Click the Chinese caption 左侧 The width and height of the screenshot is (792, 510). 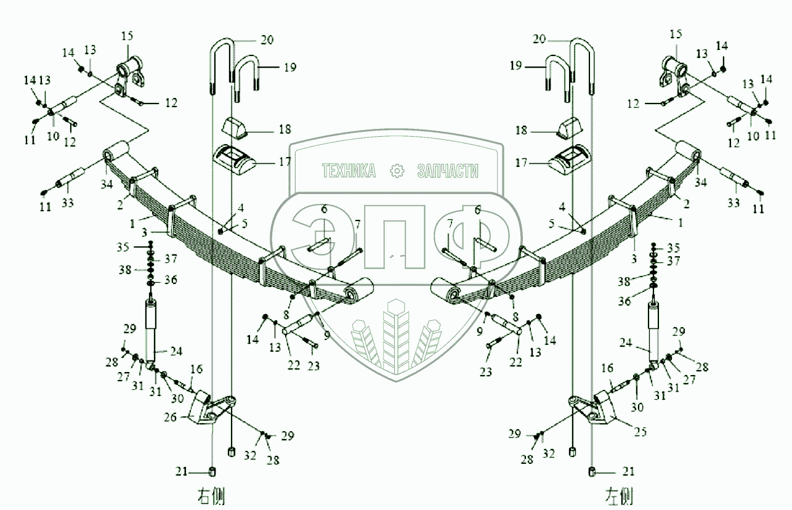619,495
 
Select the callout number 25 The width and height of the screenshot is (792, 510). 640,432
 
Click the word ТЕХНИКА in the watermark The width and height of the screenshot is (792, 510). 349,171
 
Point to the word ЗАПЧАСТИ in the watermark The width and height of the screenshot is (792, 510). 448,171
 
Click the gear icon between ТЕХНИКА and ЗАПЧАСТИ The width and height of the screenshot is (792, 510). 397,171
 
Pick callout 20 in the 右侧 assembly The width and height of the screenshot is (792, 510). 265,40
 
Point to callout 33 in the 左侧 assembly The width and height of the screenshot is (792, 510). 733,203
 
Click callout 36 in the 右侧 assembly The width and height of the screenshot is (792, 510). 171,280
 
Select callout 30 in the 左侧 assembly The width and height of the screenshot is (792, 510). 636,407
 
